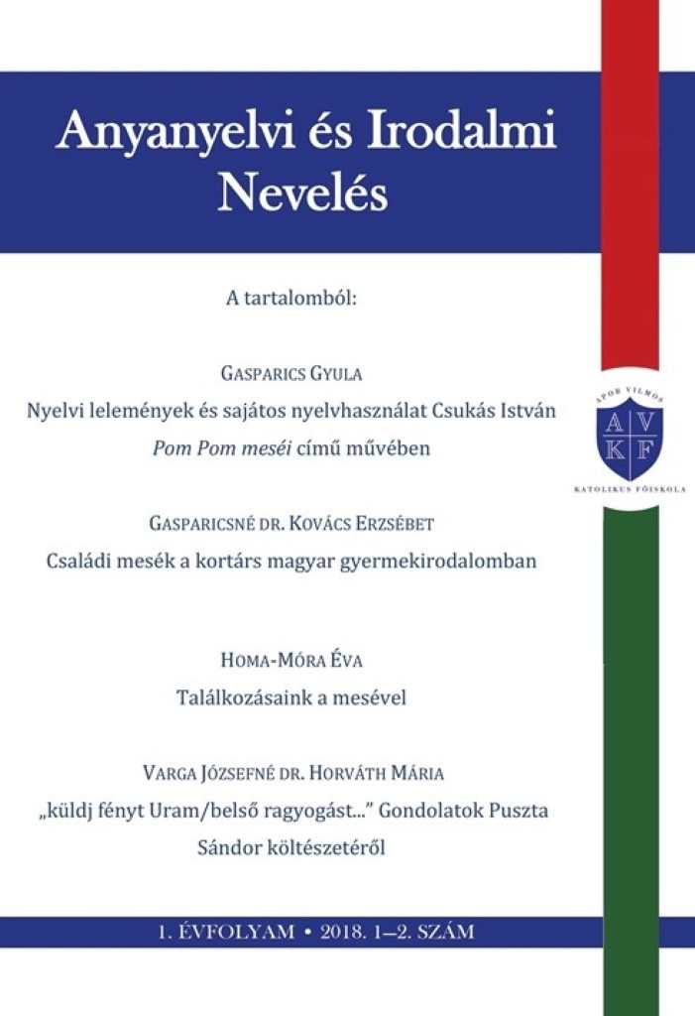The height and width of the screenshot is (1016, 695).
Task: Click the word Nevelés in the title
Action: (x=302, y=192)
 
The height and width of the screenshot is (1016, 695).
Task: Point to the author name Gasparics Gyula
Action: (x=292, y=374)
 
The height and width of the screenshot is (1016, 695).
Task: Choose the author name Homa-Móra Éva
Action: (x=292, y=662)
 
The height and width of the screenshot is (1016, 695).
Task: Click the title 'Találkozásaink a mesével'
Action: (x=291, y=698)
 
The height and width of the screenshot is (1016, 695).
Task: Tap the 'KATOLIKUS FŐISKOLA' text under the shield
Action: (x=631, y=490)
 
